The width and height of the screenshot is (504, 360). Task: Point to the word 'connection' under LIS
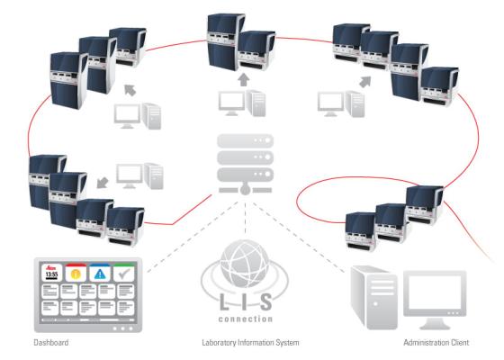click(244, 318)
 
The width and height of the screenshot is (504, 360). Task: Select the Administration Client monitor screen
click(436, 294)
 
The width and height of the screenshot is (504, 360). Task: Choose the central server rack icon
click(244, 166)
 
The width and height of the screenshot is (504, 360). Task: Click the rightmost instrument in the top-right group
click(439, 85)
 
